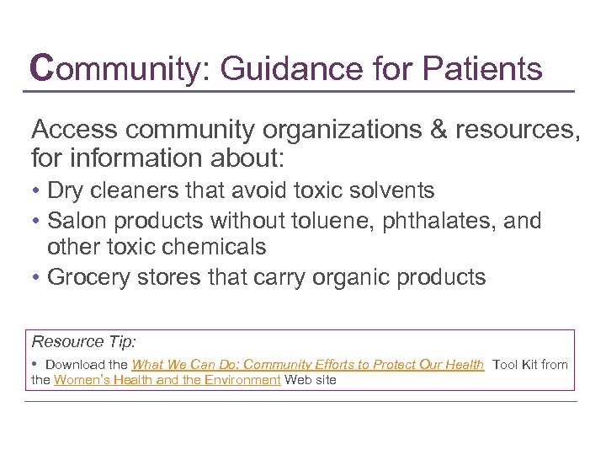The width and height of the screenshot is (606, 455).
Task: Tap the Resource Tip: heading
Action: [x=84, y=341]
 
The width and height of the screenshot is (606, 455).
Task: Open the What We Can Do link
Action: [x=308, y=365]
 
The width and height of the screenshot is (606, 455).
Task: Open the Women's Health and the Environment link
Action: [x=167, y=380]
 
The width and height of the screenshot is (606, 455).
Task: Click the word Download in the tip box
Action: [x=74, y=365]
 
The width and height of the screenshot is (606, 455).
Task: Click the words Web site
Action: [x=311, y=380]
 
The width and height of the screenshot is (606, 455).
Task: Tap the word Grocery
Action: [x=83, y=277]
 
